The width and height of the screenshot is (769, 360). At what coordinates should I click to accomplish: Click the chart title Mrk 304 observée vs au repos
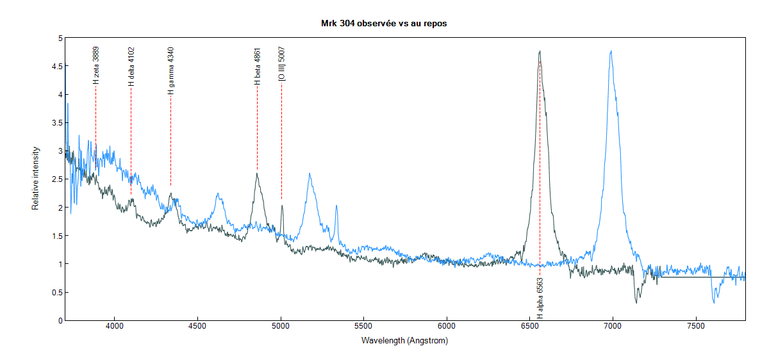[x=384, y=23]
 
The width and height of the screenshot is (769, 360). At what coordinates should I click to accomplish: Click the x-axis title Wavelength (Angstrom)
[x=404, y=341]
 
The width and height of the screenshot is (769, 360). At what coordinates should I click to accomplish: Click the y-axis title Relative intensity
[x=37, y=179]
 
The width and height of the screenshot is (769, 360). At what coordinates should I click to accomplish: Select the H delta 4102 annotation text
[x=131, y=66]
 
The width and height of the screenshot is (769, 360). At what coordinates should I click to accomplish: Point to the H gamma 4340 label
[x=171, y=70]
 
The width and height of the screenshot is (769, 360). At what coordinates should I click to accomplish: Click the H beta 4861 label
[x=257, y=66]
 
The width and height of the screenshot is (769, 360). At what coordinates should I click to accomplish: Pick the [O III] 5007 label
[x=282, y=63]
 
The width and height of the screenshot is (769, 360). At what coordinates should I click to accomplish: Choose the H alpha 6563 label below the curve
[x=540, y=298]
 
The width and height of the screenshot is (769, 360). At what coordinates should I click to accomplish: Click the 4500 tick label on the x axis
[x=197, y=327]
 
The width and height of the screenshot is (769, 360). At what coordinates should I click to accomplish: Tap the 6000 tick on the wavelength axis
[x=447, y=327]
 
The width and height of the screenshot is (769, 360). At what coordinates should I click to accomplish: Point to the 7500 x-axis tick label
[x=696, y=327]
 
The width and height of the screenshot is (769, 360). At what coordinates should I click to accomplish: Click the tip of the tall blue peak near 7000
[x=611, y=51]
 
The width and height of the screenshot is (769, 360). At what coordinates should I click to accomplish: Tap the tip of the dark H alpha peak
[x=540, y=51]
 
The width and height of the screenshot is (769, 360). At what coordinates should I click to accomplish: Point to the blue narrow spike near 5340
[x=336, y=206]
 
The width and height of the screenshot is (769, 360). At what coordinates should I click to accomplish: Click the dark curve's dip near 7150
[x=636, y=302]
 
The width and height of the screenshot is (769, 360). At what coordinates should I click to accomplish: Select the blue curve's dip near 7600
[x=714, y=301]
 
